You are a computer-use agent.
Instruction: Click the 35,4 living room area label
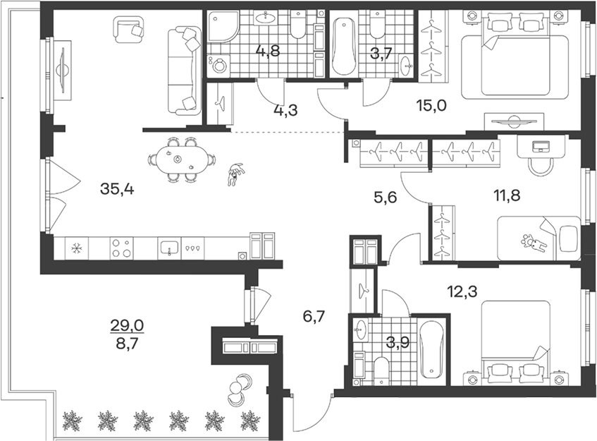click(117, 188)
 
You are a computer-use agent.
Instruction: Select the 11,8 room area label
click(507, 196)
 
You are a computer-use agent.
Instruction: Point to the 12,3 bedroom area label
click(462, 291)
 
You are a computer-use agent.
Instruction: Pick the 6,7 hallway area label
click(314, 316)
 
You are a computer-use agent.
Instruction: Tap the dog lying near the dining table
click(235, 174)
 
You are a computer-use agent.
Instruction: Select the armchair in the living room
click(129, 29)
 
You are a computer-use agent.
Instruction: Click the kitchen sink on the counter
click(169, 248)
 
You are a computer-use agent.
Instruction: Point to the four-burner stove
click(121, 248)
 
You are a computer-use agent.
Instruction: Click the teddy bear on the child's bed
click(534, 243)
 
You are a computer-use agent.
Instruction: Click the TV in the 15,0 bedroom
click(514, 121)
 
